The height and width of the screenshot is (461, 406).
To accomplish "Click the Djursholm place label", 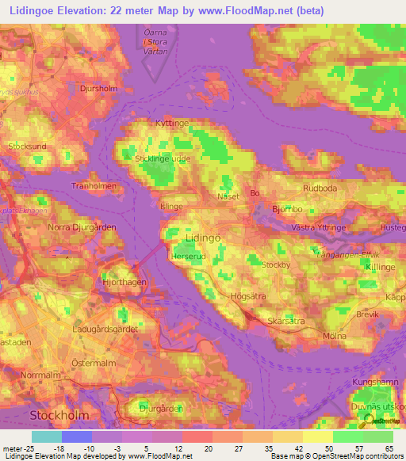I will [x=99, y=90].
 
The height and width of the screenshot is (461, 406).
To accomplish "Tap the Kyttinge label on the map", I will [x=173, y=124].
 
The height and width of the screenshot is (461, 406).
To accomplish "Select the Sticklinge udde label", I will [x=164, y=158].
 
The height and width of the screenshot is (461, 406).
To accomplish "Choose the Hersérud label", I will [x=188, y=257].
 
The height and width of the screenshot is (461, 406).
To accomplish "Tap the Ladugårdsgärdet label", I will [x=105, y=329].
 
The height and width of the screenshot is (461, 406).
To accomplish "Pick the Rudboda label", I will [x=320, y=189].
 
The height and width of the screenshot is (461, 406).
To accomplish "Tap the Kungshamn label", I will [x=373, y=382].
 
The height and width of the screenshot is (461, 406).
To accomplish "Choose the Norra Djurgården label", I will [x=82, y=228].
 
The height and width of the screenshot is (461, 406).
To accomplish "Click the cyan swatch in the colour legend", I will [x=47, y=436].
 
